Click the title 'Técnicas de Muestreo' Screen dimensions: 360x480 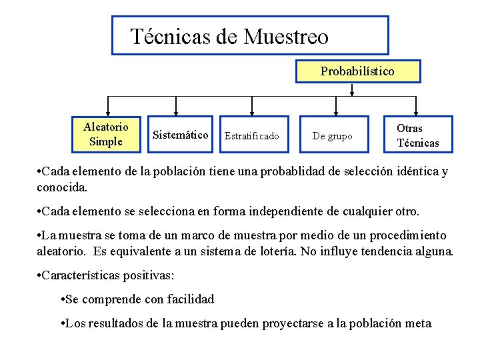click(x=229, y=36)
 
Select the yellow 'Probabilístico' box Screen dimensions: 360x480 click(x=357, y=71)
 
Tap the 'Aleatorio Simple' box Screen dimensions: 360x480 click(x=105, y=133)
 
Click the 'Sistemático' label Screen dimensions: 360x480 click(x=180, y=135)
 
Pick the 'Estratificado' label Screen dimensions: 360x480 click(x=252, y=136)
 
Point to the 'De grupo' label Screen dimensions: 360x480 click(x=332, y=136)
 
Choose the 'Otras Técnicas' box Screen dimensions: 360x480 click(x=417, y=135)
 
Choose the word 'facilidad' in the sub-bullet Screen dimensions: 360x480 click(x=191, y=299)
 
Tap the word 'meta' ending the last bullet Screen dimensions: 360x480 click(x=418, y=323)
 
